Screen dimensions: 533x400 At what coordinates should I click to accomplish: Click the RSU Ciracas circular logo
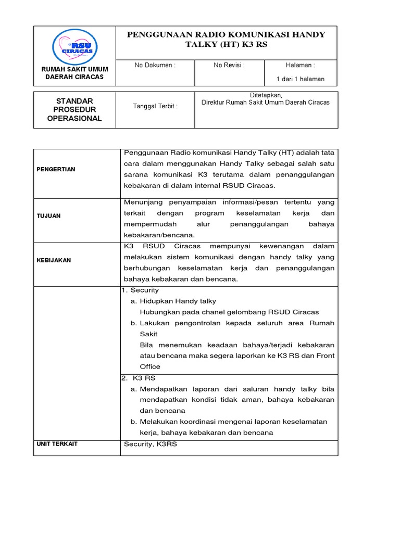point(74,47)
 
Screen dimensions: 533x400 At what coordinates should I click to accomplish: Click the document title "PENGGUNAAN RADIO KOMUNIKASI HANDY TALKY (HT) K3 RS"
point(226,40)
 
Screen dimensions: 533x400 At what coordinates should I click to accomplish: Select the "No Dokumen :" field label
point(155,65)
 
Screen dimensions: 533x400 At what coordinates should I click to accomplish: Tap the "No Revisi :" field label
point(229,65)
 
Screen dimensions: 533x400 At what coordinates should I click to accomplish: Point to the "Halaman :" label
point(300,65)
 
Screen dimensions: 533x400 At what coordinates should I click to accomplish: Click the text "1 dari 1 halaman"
point(300,79)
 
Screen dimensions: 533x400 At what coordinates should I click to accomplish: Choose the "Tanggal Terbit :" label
point(155,106)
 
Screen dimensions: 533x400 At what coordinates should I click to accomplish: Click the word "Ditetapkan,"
point(266,95)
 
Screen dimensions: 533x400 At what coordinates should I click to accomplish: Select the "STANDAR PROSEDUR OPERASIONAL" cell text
point(74,109)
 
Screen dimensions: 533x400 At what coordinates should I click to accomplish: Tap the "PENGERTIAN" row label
point(56,169)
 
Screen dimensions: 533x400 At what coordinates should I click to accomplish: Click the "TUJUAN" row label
point(48,215)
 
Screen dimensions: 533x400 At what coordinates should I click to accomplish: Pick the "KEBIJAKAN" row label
point(54,260)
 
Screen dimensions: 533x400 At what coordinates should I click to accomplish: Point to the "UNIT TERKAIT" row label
point(57,443)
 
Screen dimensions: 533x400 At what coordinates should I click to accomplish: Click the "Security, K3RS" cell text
point(151,444)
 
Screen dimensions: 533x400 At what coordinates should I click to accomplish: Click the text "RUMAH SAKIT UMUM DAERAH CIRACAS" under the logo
point(74,73)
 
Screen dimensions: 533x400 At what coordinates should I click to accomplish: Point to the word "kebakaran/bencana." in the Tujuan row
point(159,235)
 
